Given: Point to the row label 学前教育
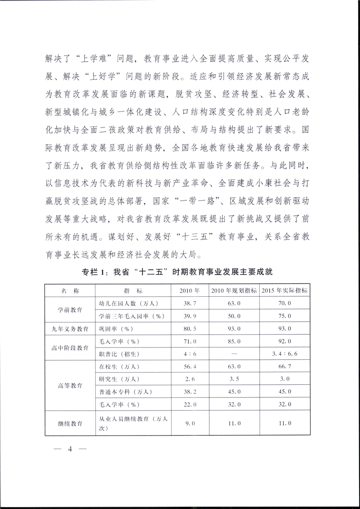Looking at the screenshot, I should (70, 309).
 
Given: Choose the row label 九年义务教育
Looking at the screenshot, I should (70, 328).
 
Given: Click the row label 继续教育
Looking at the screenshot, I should (70, 423).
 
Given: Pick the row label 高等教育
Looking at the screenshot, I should (70, 385).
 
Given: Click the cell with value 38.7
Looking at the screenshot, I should (187, 303).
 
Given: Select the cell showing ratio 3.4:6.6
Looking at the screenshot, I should (284, 353).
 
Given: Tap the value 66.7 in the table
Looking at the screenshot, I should (284, 366).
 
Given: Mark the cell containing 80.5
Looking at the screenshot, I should (187, 328).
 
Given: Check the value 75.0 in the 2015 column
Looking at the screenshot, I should (284, 316).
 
